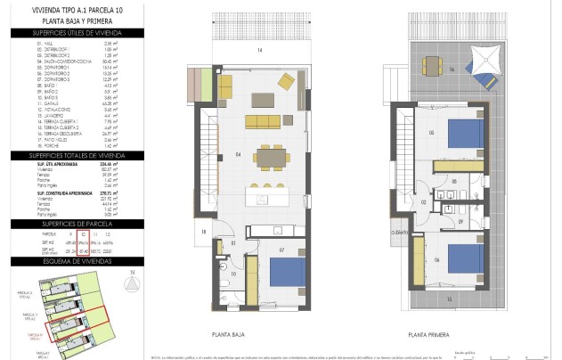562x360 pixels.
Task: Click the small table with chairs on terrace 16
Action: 433,66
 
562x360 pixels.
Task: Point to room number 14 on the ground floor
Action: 261,50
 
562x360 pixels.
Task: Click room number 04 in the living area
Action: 239,155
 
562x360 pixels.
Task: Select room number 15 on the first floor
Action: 449,299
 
